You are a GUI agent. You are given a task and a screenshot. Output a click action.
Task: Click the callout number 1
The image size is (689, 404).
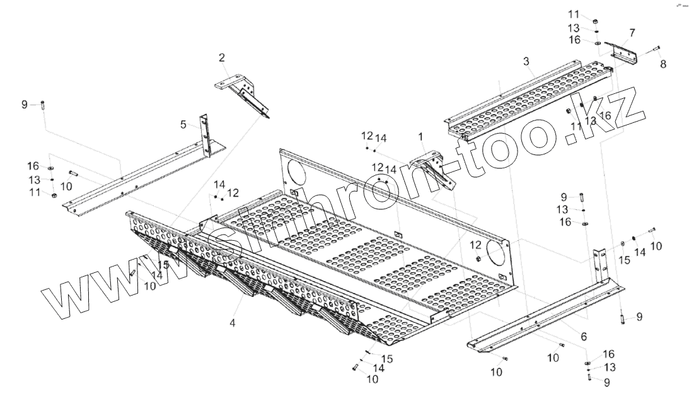[x=420, y=136]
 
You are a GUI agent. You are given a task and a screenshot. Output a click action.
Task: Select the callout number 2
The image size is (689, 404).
[x=222, y=58]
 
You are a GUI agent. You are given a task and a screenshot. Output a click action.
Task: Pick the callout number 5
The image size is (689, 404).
[x=183, y=125]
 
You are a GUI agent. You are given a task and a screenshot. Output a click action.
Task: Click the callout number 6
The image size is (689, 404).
[x=584, y=336]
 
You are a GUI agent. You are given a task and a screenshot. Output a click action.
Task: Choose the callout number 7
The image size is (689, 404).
[x=632, y=32]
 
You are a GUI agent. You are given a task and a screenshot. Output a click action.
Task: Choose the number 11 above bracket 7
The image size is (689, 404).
[x=573, y=14]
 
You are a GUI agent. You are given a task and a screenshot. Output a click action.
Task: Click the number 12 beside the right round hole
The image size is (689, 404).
[x=474, y=245]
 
